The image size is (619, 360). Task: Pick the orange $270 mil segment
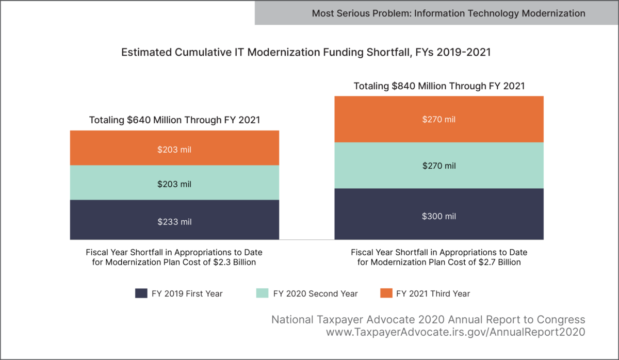(439, 119)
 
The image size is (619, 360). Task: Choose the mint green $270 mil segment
(439, 166)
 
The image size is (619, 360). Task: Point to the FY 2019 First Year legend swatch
(141, 293)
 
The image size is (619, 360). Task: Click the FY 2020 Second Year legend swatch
(263, 293)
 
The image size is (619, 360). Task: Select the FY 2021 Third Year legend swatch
(386, 293)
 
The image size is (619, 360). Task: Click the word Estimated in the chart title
(144, 53)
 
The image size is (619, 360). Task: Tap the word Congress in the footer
(563, 320)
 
